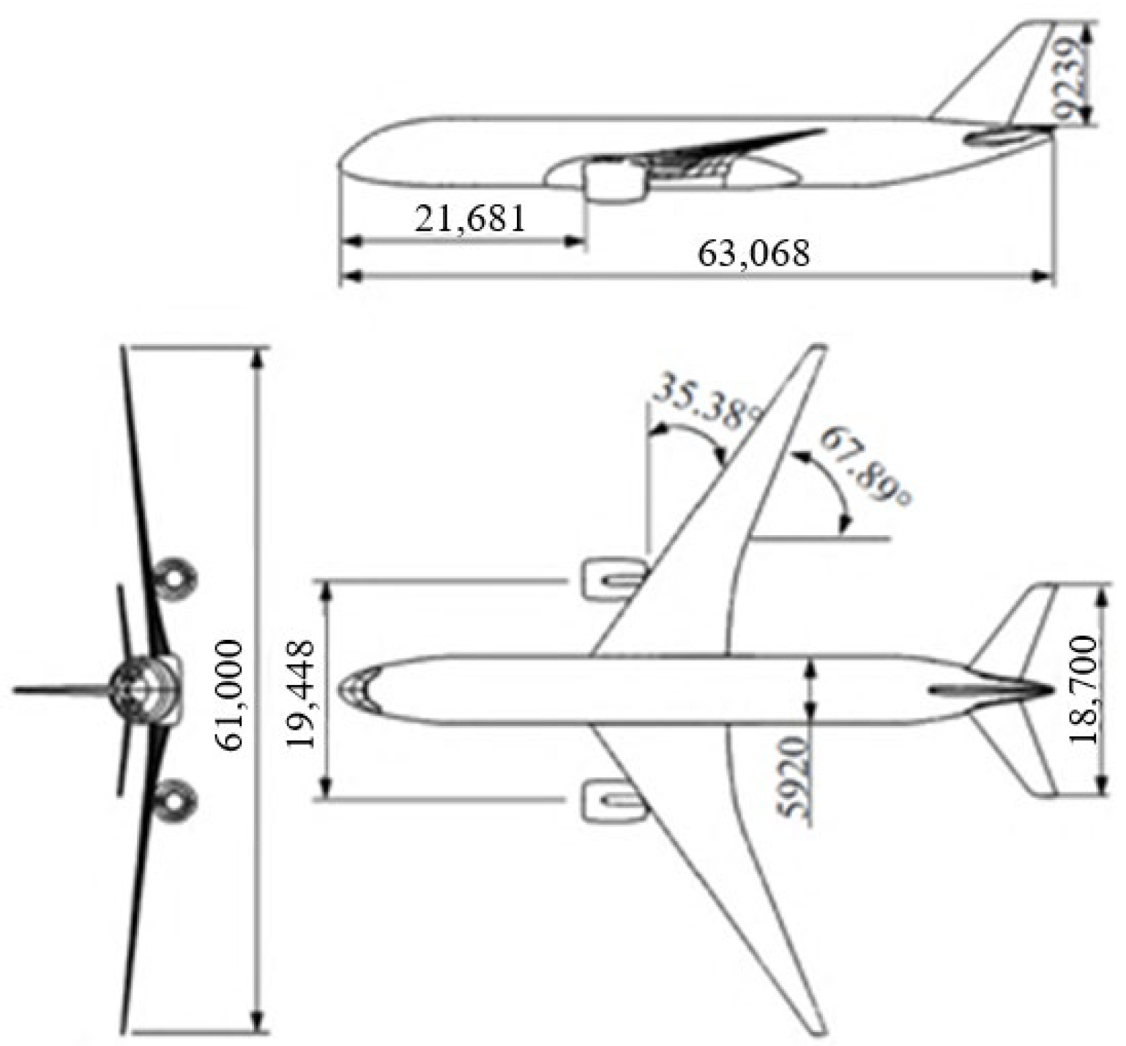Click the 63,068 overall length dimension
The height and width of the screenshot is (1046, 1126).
point(754,254)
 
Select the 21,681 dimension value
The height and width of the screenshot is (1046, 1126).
point(470,218)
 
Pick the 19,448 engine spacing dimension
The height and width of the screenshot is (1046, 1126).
point(301,692)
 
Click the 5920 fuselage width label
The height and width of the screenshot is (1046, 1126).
point(793,777)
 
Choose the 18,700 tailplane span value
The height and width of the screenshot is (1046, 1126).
point(1084,690)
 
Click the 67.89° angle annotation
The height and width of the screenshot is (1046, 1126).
point(866,466)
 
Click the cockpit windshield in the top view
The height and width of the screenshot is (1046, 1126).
point(357,690)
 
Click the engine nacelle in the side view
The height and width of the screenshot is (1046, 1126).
point(616,182)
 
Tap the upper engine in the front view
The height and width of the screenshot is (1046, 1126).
point(176,576)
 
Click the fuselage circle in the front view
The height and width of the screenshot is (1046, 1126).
point(137,689)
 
